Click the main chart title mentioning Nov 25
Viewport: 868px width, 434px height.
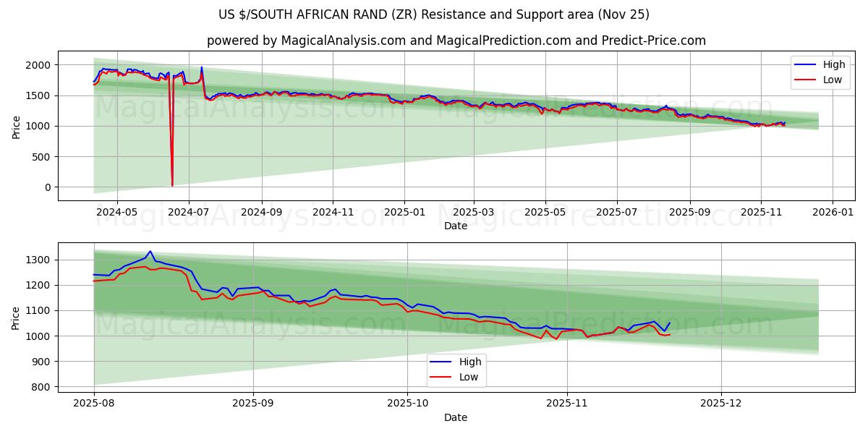[x=434, y=14]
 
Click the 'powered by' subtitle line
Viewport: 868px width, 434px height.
[x=456, y=41]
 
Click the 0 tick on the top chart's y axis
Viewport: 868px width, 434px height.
[x=48, y=187]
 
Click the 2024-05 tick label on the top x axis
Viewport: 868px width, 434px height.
[x=116, y=213]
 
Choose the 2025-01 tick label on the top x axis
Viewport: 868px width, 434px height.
[x=404, y=213]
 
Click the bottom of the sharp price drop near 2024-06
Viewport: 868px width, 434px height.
[x=172, y=185]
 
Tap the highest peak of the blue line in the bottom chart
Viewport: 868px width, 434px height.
[x=150, y=251]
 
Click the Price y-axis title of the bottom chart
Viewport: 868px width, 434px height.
[x=16, y=317]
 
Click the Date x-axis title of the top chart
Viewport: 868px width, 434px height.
[x=456, y=226]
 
